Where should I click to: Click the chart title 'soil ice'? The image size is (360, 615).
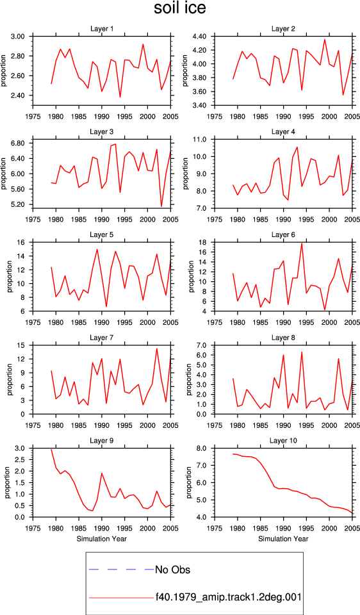[x=179, y=8]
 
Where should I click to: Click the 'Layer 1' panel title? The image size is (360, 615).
[x=102, y=29]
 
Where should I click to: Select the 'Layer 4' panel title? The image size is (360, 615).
[x=283, y=132]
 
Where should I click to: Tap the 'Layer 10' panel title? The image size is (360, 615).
[x=283, y=441]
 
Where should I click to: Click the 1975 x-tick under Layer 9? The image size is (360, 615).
[x=33, y=529]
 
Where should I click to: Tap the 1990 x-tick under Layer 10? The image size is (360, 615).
[x=283, y=529]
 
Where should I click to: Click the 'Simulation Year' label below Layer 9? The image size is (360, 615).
[x=102, y=539]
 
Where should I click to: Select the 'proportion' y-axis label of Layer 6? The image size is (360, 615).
[x=191, y=277]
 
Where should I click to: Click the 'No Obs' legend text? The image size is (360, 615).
[x=172, y=570]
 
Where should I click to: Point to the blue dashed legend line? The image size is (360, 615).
[x=122, y=569]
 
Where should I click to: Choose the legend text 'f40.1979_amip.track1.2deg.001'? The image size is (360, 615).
[x=228, y=598]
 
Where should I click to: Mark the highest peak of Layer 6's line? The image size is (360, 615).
[x=302, y=243]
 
